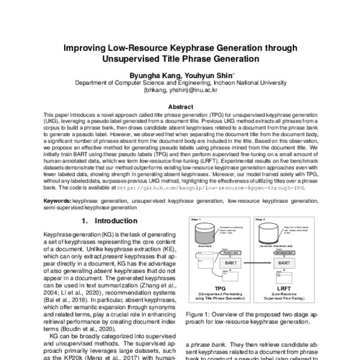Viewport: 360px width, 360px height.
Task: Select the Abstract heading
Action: coord(179,105)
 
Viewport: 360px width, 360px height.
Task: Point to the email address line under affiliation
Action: coord(179,92)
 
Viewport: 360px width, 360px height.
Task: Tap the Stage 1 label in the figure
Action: coord(194,220)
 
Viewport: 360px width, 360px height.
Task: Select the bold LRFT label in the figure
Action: coord(286,287)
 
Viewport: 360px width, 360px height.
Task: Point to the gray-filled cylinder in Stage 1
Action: coord(207,232)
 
